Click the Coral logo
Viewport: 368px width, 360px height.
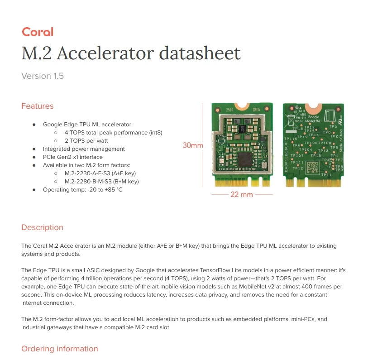coord(38,32)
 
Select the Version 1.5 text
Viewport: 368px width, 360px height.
coord(43,76)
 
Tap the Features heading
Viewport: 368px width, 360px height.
coord(38,106)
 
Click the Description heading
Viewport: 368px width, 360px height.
coord(42,227)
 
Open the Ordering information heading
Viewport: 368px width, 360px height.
coord(60,349)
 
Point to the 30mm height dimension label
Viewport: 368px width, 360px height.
coord(193,145)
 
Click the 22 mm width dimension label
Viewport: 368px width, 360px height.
coord(241,194)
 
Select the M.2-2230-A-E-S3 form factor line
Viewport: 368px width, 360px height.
coord(100,173)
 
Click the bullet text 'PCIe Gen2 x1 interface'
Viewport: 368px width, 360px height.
coord(73,157)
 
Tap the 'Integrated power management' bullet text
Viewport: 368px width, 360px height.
coord(84,149)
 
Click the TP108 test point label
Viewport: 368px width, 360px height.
coord(325,143)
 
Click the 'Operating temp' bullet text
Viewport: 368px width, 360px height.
coord(82,189)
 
